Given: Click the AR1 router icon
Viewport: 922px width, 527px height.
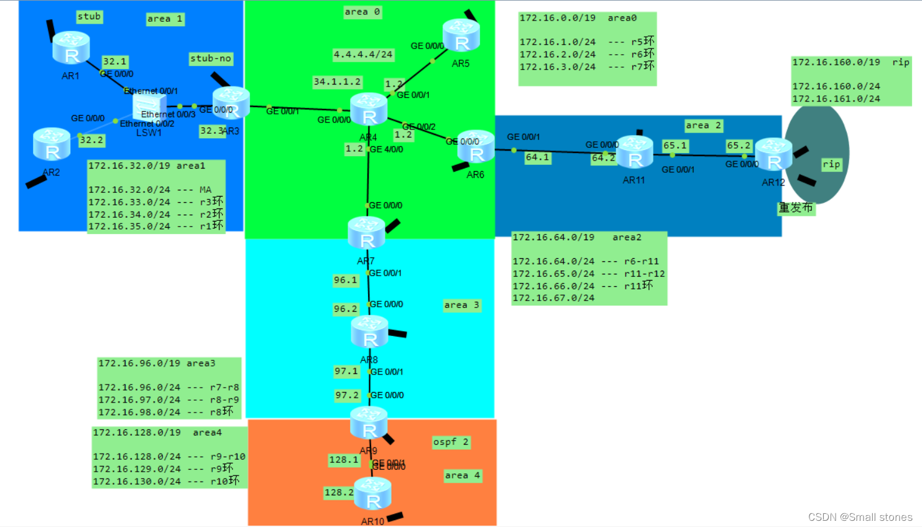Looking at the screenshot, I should [x=71, y=48].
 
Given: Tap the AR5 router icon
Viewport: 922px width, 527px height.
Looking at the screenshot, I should [x=461, y=35].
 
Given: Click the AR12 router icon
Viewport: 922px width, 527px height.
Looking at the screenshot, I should [x=773, y=155].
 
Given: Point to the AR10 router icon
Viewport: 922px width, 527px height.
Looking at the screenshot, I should [x=372, y=493].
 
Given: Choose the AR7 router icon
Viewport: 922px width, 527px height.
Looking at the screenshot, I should [x=366, y=233].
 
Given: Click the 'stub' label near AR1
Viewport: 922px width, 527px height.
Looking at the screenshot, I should [x=89, y=17].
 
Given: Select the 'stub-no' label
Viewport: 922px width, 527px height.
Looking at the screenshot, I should [x=211, y=58].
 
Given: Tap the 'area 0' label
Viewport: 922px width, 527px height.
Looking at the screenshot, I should [x=362, y=12].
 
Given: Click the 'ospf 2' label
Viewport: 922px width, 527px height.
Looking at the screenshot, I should [x=451, y=442].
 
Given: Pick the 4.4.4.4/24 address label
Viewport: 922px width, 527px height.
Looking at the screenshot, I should [x=363, y=55].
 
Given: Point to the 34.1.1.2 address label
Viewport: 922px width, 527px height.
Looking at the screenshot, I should [x=337, y=82].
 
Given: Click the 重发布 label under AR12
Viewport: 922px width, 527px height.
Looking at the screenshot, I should [x=796, y=208].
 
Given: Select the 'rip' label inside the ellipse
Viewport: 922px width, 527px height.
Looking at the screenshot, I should [x=831, y=164].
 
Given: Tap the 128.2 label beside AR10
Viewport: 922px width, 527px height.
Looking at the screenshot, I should [x=339, y=492].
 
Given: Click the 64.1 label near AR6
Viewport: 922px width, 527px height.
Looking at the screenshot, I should [x=537, y=157].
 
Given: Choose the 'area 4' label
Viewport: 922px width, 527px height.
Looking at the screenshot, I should [x=462, y=475].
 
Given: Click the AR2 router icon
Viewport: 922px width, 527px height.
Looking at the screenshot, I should [x=52, y=144].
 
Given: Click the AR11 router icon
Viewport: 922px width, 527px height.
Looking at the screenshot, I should [x=634, y=152].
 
